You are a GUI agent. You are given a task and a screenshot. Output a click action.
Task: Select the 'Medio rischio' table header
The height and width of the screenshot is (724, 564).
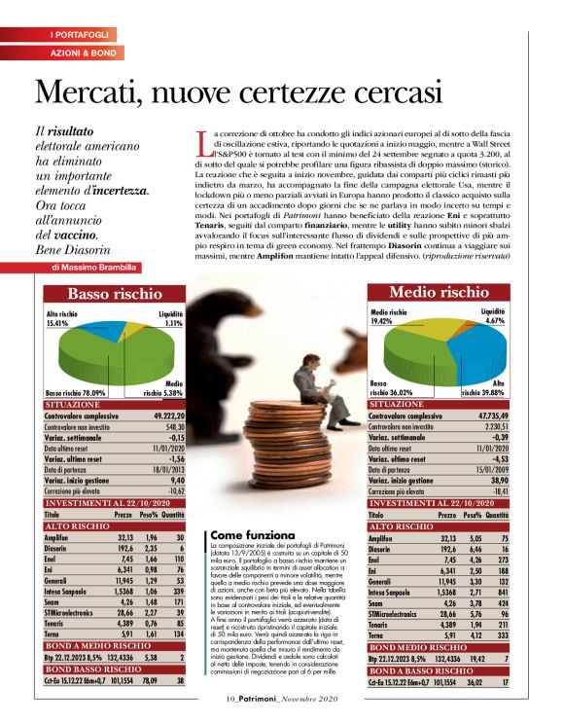(x=439, y=292)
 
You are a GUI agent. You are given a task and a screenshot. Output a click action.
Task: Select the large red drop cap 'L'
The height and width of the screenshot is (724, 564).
(x=202, y=143)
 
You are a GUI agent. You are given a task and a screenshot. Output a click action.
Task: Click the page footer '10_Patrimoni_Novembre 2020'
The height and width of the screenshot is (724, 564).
(x=282, y=697)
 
